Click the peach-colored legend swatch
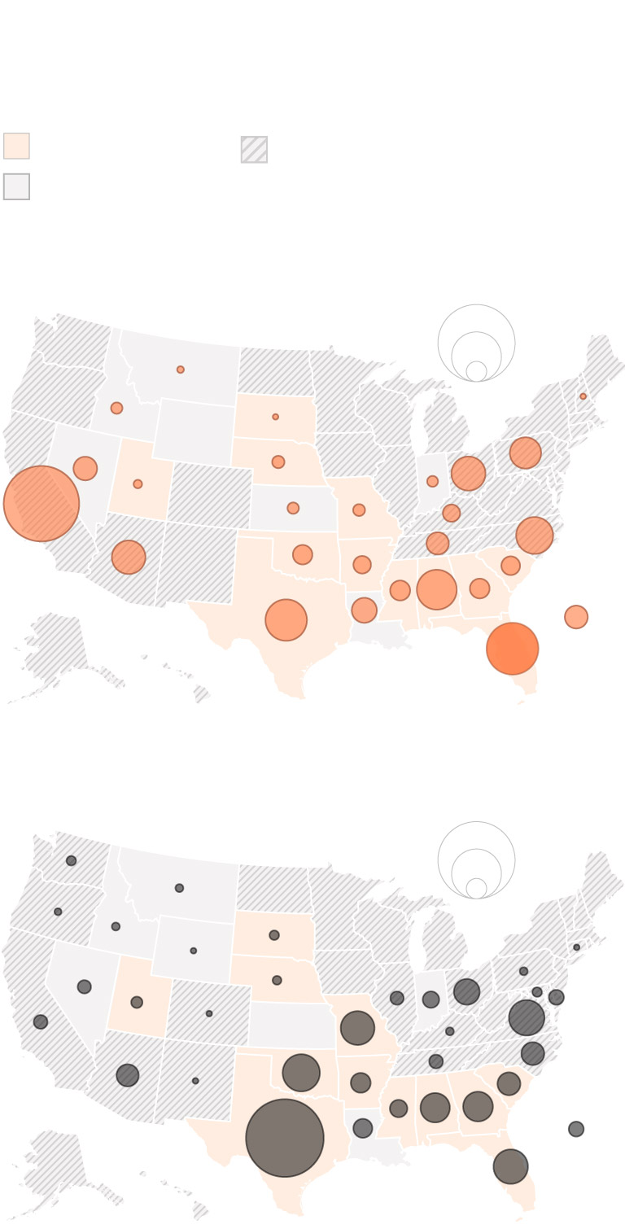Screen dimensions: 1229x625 (x=16, y=146)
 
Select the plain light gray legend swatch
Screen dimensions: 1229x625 (x=16, y=186)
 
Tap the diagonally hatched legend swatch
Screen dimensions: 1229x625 (x=254, y=149)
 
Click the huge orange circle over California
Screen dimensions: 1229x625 (x=42, y=503)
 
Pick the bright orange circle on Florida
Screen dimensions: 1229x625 (x=512, y=648)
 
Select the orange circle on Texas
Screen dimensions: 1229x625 (x=286, y=619)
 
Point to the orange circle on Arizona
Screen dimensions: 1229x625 (x=129, y=557)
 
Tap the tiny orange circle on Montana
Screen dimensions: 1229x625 (x=181, y=370)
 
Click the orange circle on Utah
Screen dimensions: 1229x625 (x=138, y=484)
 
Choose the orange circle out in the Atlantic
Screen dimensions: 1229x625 (x=576, y=617)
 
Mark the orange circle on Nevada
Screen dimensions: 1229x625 (x=85, y=468)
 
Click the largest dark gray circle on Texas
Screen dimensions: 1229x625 (x=285, y=1137)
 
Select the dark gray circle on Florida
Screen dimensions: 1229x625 (x=510, y=1166)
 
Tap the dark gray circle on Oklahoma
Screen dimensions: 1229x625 (x=301, y=1072)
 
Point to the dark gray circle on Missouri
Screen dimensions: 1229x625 (x=357, y=1028)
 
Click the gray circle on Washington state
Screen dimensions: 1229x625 (x=72, y=860)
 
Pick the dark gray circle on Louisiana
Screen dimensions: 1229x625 (x=363, y=1128)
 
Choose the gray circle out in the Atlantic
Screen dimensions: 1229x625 (x=576, y=1129)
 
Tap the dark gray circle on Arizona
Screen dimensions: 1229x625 (x=128, y=1075)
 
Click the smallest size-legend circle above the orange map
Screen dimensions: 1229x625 (x=476, y=371)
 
